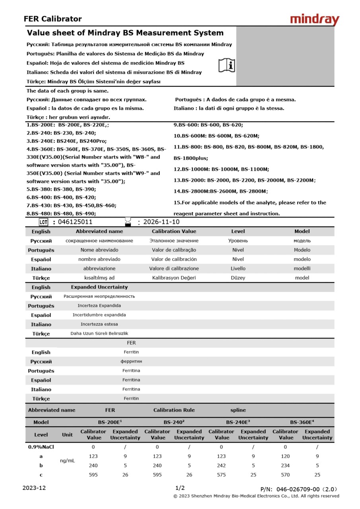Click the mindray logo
pos(314,19)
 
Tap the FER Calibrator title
pos(53,19)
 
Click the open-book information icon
pos(227,65)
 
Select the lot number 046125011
pos(75,222)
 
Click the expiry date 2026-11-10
pos(161,222)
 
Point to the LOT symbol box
pos(44,222)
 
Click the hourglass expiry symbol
pos(128,221)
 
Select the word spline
pos(238,410)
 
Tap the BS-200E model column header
pos(110,422)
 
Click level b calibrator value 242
pos(221,465)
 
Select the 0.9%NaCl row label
pos(41,447)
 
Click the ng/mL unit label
pos(68,460)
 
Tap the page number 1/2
pos(180,488)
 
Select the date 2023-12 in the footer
pos(34,488)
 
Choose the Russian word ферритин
pos(131,361)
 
